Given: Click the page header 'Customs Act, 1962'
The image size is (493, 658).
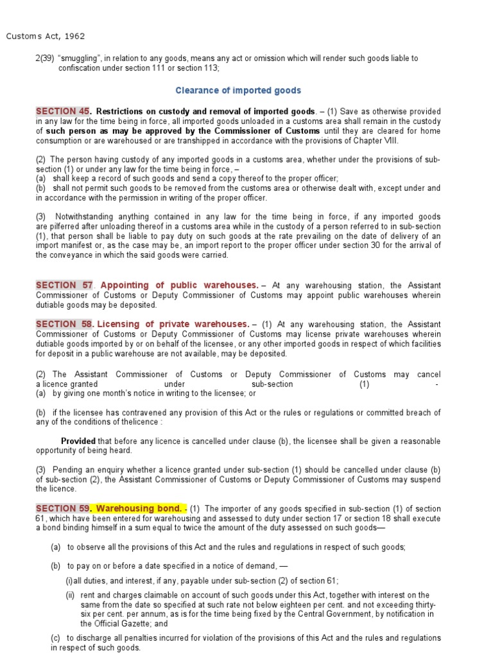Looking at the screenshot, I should click(46, 36).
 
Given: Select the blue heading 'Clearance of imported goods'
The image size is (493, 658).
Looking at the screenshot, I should click(238, 91).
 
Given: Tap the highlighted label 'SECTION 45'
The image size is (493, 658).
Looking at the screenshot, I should click(63, 111).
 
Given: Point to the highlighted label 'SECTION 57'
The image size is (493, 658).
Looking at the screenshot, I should click(64, 285).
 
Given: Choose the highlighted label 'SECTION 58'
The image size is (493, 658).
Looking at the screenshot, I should click(64, 324).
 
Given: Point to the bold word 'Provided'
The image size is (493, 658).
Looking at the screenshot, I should click(78, 441).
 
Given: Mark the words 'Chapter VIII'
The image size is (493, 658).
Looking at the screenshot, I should click(378, 141).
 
